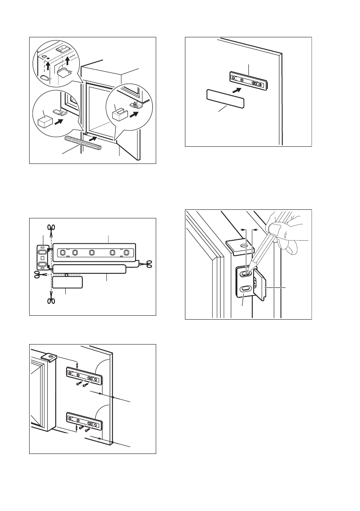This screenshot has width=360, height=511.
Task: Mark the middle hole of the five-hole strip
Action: pyautogui.click(x=91, y=252)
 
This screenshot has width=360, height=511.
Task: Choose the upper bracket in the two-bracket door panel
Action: pyautogui.click(x=85, y=375)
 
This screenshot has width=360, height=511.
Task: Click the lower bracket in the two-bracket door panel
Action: pyautogui.click(x=85, y=421)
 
